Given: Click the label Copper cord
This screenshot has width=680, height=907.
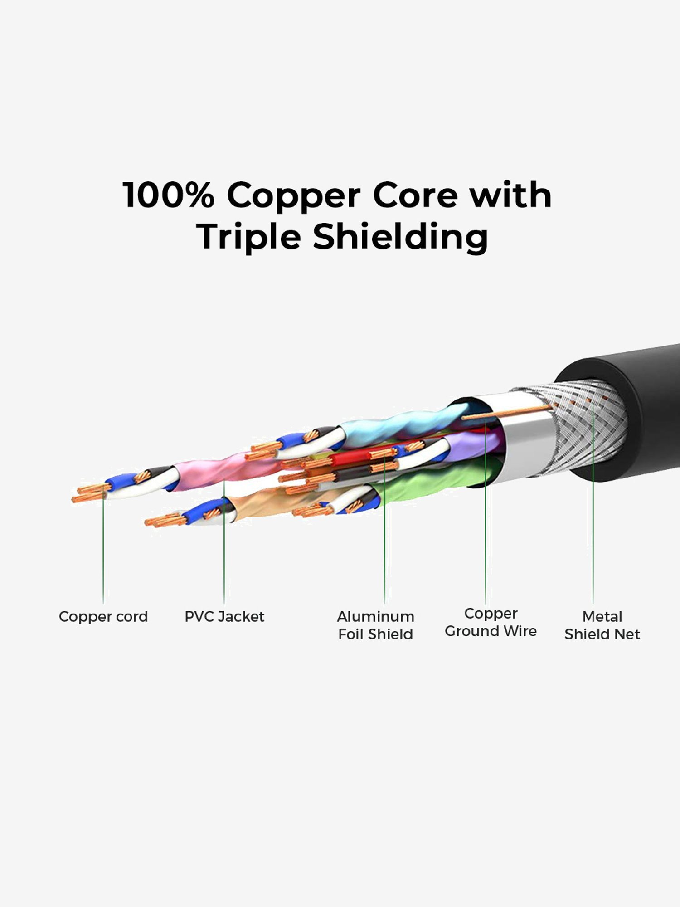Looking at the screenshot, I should click(x=103, y=617).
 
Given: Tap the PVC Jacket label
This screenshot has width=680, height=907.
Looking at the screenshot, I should click(x=224, y=617).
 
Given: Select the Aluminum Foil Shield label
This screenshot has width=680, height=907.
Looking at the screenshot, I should click(x=375, y=625).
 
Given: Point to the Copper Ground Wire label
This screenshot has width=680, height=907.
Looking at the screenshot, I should click(x=491, y=622).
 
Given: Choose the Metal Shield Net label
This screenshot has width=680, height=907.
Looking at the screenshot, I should click(x=602, y=625).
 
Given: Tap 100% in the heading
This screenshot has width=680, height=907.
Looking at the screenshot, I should click(x=168, y=195).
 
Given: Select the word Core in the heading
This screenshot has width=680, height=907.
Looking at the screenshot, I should click(x=415, y=195).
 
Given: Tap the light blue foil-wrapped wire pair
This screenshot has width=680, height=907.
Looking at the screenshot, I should click(x=403, y=424).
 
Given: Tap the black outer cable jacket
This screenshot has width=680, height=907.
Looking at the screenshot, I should click(x=653, y=408).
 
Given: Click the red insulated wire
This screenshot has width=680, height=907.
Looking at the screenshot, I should click(x=354, y=458).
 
